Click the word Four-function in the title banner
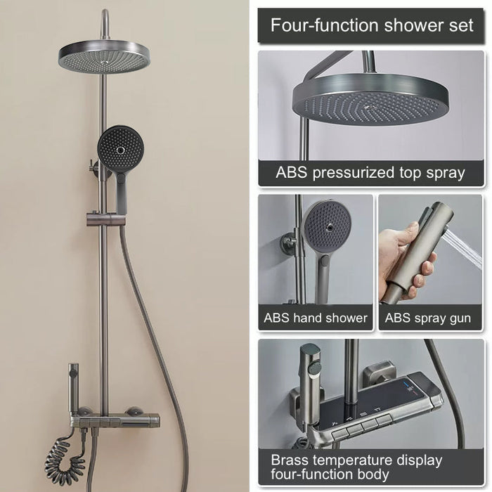pyautogui.click(x=325, y=25)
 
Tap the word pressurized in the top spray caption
pyautogui.click(x=353, y=173)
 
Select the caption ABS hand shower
pyautogui.click(x=316, y=318)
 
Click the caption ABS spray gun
pyautogui.click(x=427, y=318)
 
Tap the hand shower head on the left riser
pyautogui.click(x=121, y=147)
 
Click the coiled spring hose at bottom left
pyautogui.click(x=65, y=457)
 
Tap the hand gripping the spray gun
pyautogui.click(x=405, y=264)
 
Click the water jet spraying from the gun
pyautogui.click(x=465, y=248)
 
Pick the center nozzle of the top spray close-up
pyautogui.click(x=370, y=107)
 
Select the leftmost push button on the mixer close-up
pyautogui.click(x=339, y=434)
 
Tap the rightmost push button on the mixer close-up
pyautogui.click(x=384, y=419)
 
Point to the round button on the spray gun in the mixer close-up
pyautogui.click(x=314, y=368)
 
